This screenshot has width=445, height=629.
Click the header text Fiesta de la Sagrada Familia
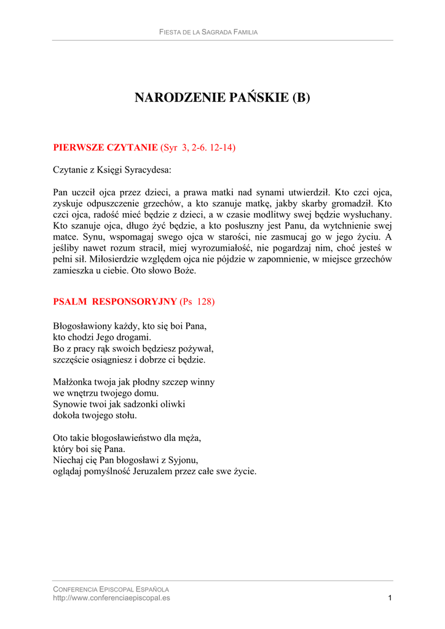(208, 32)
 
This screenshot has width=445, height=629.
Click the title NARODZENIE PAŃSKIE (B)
(222, 98)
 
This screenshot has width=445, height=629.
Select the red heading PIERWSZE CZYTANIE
(105, 147)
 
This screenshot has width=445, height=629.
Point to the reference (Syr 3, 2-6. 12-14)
(198, 147)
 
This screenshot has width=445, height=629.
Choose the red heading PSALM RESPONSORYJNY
(115, 302)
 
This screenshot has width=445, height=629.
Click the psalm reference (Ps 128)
(197, 302)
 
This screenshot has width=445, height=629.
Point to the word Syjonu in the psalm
(184, 461)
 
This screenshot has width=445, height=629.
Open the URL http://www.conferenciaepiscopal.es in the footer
(111, 598)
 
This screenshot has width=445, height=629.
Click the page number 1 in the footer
(390, 598)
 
